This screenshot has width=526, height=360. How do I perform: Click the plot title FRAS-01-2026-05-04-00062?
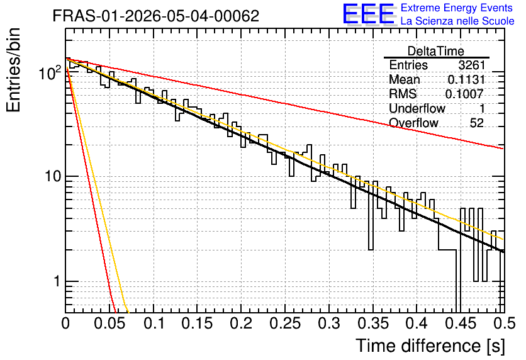pyautogui.click(x=156, y=16)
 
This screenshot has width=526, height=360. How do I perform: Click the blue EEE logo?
pyautogui.click(x=369, y=14)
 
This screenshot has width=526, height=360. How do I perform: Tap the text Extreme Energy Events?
pyautogui.click(x=457, y=8)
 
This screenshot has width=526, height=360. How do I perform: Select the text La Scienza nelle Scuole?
pyautogui.click(x=457, y=21)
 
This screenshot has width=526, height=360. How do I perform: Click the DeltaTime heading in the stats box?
pyautogui.click(x=435, y=51)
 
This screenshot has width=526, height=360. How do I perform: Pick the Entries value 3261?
pyautogui.click(x=472, y=65)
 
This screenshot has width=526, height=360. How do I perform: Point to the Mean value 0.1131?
pyautogui.click(x=466, y=79)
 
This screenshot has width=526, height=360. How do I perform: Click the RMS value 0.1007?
pyautogui.click(x=464, y=94)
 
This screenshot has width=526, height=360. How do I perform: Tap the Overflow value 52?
pyautogui.click(x=477, y=123)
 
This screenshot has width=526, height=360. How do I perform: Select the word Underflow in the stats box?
pyautogui.click(x=417, y=108)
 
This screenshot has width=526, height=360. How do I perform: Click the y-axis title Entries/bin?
pyautogui.click(x=13, y=70)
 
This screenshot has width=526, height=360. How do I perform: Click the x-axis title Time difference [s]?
pyautogui.click(x=430, y=346)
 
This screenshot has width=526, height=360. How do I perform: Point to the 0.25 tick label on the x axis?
pyautogui.click(x=285, y=323)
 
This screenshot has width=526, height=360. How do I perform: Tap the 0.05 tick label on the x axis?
pyautogui.click(x=109, y=323)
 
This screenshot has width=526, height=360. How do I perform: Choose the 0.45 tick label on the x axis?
pyautogui.click(x=461, y=323)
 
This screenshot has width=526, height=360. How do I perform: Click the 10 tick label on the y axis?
pyautogui.click(x=53, y=176)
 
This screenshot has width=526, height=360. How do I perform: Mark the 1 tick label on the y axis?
pyautogui.click(x=57, y=281)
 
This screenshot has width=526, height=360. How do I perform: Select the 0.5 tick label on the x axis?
pyautogui.click(x=505, y=323)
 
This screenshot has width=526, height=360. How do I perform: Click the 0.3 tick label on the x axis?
pyautogui.click(x=329, y=323)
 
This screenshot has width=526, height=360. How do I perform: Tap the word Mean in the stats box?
pyautogui.click(x=404, y=79)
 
